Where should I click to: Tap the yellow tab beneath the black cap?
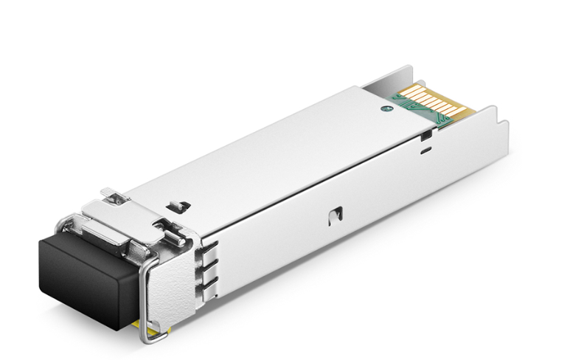151,332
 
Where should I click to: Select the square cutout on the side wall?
336,215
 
